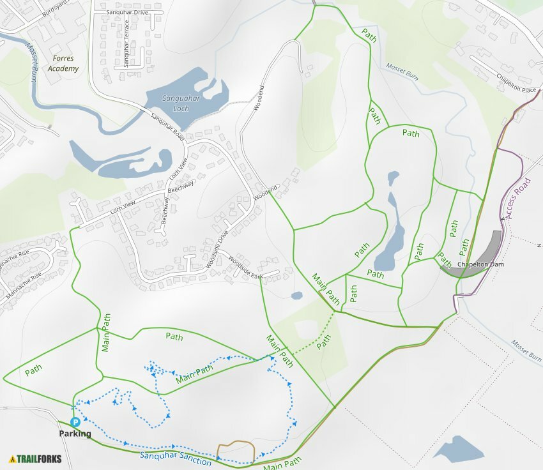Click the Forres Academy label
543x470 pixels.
point(64,63)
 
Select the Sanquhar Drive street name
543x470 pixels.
point(128,11)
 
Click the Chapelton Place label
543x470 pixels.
point(516,84)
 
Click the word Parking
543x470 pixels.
point(75,434)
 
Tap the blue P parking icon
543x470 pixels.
point(75,422)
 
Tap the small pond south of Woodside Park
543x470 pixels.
point(296,296)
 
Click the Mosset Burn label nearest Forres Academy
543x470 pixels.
point(31,63)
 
